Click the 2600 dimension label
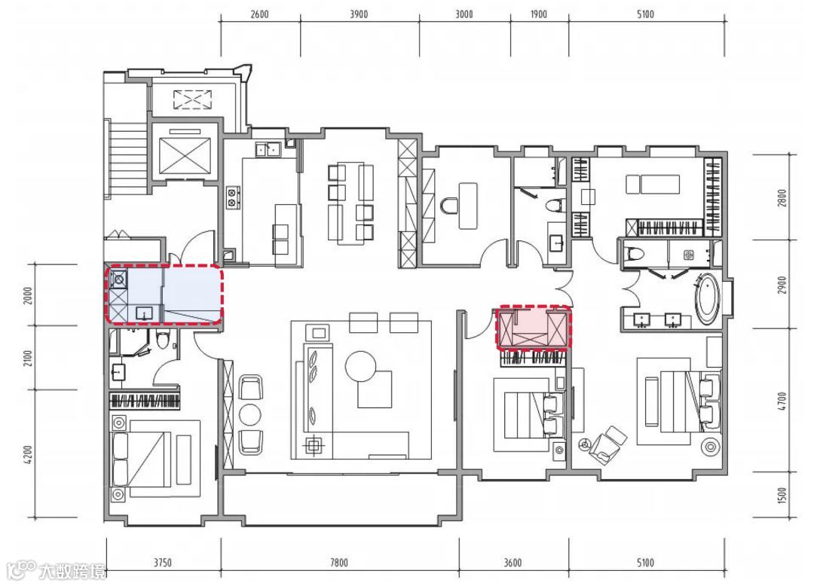pos(259,14)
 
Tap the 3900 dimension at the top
pos(359,14)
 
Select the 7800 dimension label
pos(339,562)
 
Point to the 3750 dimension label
pos(163,562)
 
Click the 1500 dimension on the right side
pos(782,495)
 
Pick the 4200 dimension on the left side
pos(28,454)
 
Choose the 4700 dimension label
pos(782,401)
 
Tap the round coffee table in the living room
pos(360,366)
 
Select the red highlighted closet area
pos(533,327)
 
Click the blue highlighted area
pos(164,295)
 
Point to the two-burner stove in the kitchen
pos(233,197)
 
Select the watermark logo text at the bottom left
pos(57,570)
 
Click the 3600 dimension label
pos(513,562)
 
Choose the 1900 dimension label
pos(538,14)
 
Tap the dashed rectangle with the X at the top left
pos(192,99)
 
